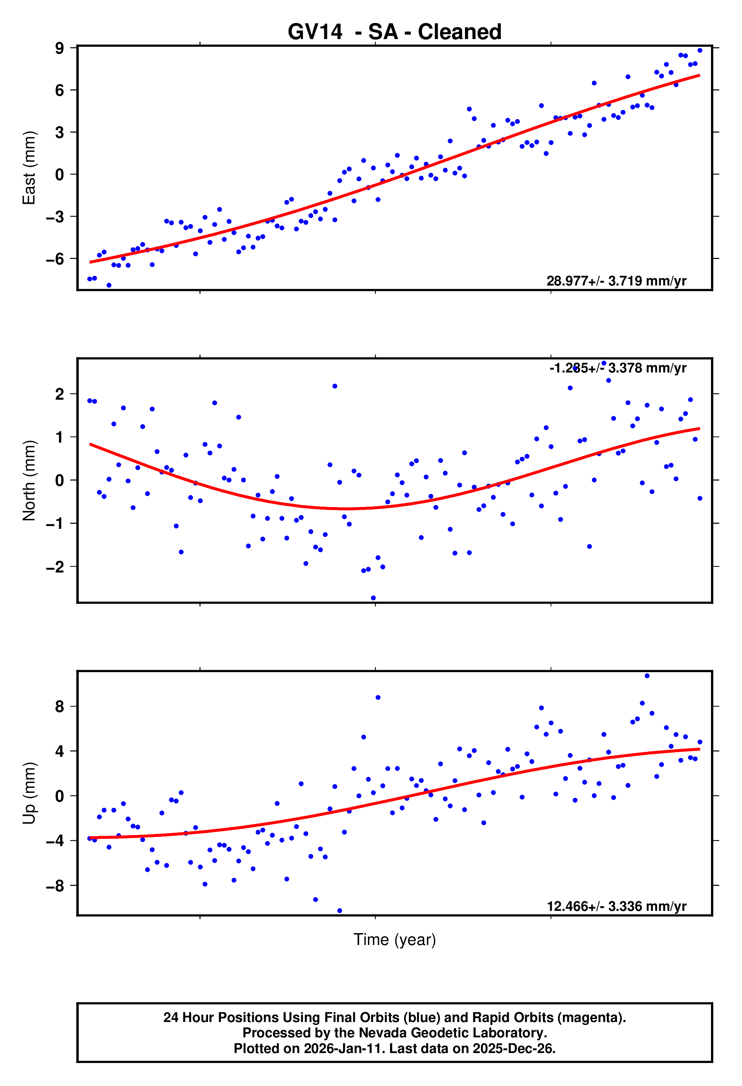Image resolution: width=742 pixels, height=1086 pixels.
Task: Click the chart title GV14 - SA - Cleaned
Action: (x=395, y=32)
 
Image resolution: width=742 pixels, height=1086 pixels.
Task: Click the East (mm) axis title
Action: (x=29, y=168)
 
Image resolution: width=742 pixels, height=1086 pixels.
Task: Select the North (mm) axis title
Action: (x=29, y=481)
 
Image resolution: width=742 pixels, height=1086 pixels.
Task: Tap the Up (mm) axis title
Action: (x=29, y=793)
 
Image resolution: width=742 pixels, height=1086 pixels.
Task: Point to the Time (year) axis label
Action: (x=395, y=939)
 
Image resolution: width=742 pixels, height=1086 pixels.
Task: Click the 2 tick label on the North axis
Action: (x=59, y=394)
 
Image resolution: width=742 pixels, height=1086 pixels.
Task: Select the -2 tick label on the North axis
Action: (x=55, y=567)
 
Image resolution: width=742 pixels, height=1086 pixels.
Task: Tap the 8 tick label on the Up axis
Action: (x=59, y=707)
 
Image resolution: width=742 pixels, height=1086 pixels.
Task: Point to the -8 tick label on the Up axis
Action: (x=55, y=886)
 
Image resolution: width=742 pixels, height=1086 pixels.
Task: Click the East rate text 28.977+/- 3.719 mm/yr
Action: (x=616, y=281)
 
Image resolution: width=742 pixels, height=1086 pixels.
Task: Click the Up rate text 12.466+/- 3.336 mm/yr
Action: (x=616, y=906)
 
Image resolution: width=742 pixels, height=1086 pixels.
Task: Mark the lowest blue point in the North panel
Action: (x=373, y=598)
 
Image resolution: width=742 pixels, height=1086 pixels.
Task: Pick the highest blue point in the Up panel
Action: (x=647, y=676)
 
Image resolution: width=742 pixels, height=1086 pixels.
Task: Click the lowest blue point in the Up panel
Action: (x=340, y=911)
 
